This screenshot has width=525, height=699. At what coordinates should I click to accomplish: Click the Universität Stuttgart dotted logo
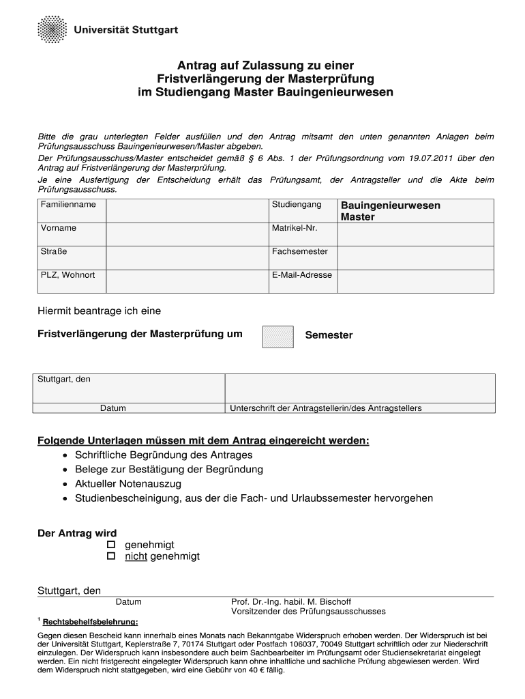click(x=51, y=31)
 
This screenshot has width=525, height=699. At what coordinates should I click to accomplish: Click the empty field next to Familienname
click(x=187, y=210)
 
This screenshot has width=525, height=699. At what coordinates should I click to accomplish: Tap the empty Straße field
click(x=187, y=257)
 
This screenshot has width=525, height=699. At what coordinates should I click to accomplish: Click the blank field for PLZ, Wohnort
click(x=187, y=281)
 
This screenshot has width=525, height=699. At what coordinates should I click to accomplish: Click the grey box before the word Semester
click(x=277, y=337)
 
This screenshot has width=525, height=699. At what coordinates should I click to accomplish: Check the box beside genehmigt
click(x=112, y=545)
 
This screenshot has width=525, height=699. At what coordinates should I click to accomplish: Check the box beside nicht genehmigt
click(x=112, y=557)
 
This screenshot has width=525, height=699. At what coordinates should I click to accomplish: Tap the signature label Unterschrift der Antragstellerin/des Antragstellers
click(x=326, y=408)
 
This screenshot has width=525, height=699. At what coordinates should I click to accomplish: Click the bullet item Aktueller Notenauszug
click(x=128, y=484)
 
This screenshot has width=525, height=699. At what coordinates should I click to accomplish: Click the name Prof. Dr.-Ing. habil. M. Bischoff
click(x=291, y=602)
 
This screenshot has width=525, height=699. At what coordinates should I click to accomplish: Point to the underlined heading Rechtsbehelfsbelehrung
click(x=90, y=622)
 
